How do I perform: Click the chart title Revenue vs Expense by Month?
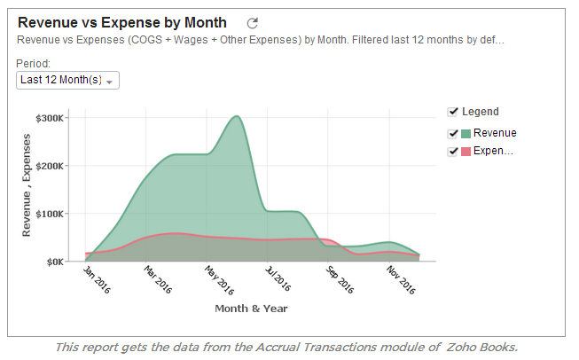[x=121, y=22]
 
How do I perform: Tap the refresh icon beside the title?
[x=252, y=23]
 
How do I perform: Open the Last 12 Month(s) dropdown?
[x=67, y=81]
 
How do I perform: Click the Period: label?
[x=33, y=64]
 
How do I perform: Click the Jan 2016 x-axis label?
[x=97, y=279]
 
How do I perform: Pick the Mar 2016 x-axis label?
[x=158, y=279]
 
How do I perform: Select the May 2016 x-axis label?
[x=218, y=279]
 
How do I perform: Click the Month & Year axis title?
[x=251, y=309]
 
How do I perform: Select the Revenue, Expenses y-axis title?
[x=27, y=185]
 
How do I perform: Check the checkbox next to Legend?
[x=453, y=112]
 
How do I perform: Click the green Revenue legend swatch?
[x=466, y=134]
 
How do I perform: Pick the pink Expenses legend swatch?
[x=466, y=152]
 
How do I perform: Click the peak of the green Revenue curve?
[x=236, y=116]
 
